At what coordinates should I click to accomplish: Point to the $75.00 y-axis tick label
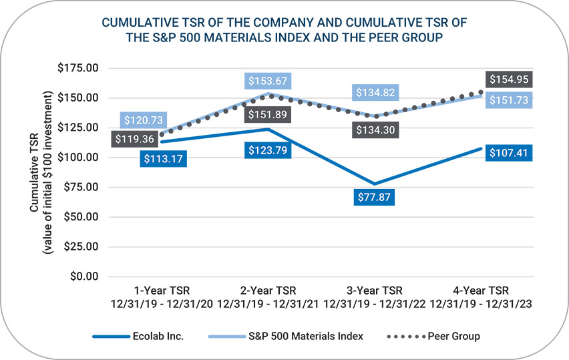click(81, 187)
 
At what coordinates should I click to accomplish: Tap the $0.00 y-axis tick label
click(83, 276)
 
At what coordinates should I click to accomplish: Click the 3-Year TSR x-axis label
click(374, 291)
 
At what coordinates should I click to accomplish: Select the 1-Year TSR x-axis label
click(161, 291)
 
